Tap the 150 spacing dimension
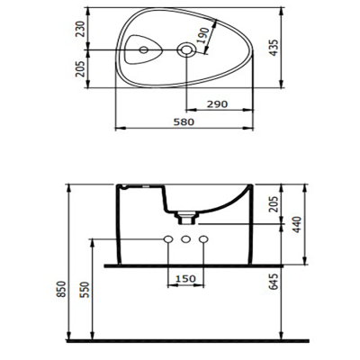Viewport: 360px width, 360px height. point(184,278)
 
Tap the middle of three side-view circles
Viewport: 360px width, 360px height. point(184,240)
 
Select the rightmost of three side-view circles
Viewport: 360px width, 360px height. point(203,240)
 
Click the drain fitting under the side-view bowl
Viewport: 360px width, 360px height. point(185,217)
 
